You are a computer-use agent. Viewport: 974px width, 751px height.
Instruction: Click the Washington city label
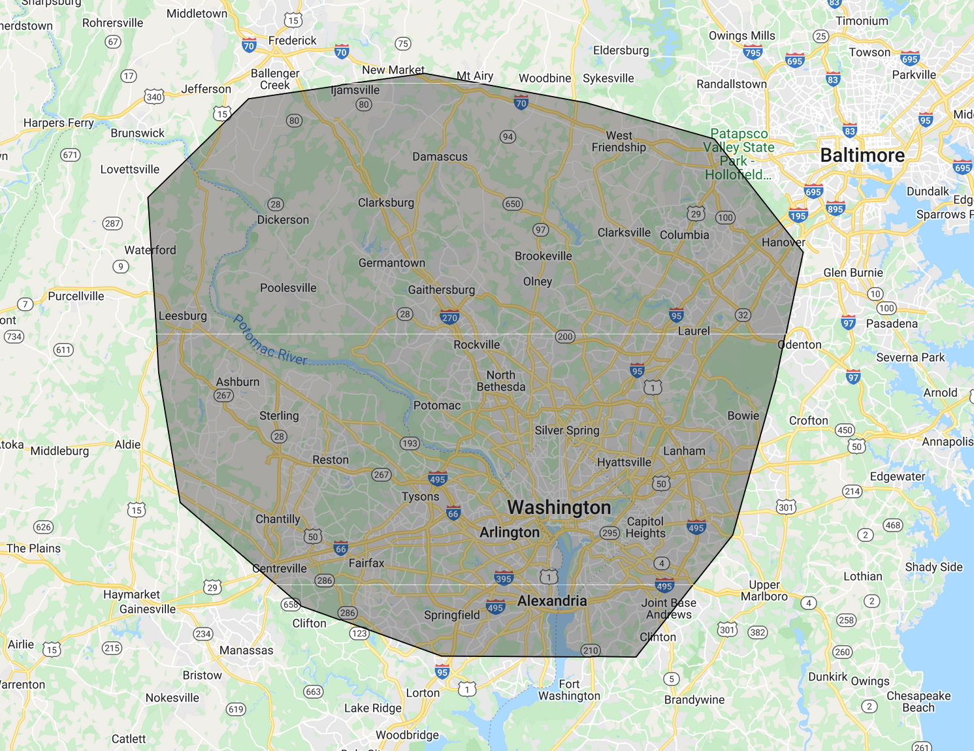pyautogui.click(x=559, y=507)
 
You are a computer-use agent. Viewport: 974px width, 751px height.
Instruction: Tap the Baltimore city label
pyautogui.click(x=862, y=155)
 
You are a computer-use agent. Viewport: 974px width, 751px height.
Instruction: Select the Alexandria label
pyautogui.click(x=552, y=601)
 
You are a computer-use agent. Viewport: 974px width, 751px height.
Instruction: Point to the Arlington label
pyautogui.click(x=510, y=532)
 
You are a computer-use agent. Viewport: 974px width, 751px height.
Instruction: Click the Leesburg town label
pyautogui.click(x=182, y=316)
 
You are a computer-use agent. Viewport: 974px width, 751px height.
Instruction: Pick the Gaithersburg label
pyautogui.click(x=441, y=290)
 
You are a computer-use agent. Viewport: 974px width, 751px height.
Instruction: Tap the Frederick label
pyautogui.click(x=292, y=40)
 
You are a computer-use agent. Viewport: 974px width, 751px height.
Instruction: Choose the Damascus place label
pyautogui.click(x=440, y=157)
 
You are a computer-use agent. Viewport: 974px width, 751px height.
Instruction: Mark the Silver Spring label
pyautogui.click(x=566, y=430)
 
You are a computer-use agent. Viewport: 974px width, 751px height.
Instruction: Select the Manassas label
pyautogui.click(x=246, y=650)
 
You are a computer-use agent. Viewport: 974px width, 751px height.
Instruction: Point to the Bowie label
pyautogui.click(x=743, y=415)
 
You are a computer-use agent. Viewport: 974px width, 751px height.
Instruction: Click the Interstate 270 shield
pyautogui.click(x=449, y=317)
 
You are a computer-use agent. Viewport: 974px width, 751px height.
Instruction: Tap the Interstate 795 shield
pyautogui.click(x=753, y=52)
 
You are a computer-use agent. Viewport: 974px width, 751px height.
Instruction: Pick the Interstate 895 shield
pyautogui.click(x=835, y=208)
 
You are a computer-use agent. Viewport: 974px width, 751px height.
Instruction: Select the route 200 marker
pyautogui.click(x=565, y=336)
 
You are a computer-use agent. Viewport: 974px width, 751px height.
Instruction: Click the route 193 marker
pyautogui.click(x=410, y=443)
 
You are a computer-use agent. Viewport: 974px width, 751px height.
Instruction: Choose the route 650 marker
pyautogui.click(x=513, y=204)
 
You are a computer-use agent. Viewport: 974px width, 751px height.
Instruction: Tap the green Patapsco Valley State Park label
pyautogui.click(x=739, y=154)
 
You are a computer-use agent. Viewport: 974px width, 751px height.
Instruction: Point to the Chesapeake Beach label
pyautogui.click(x=918, y=701)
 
